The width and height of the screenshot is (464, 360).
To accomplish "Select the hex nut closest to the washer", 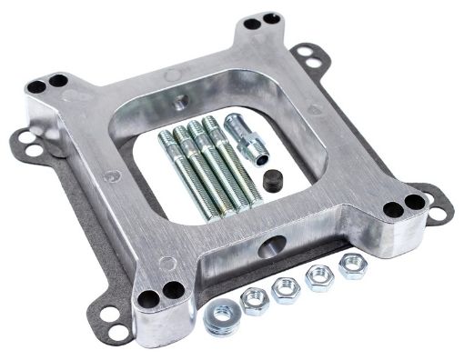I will [x=255, y=300].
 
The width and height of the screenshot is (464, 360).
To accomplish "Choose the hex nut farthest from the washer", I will [x=351, y=265].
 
